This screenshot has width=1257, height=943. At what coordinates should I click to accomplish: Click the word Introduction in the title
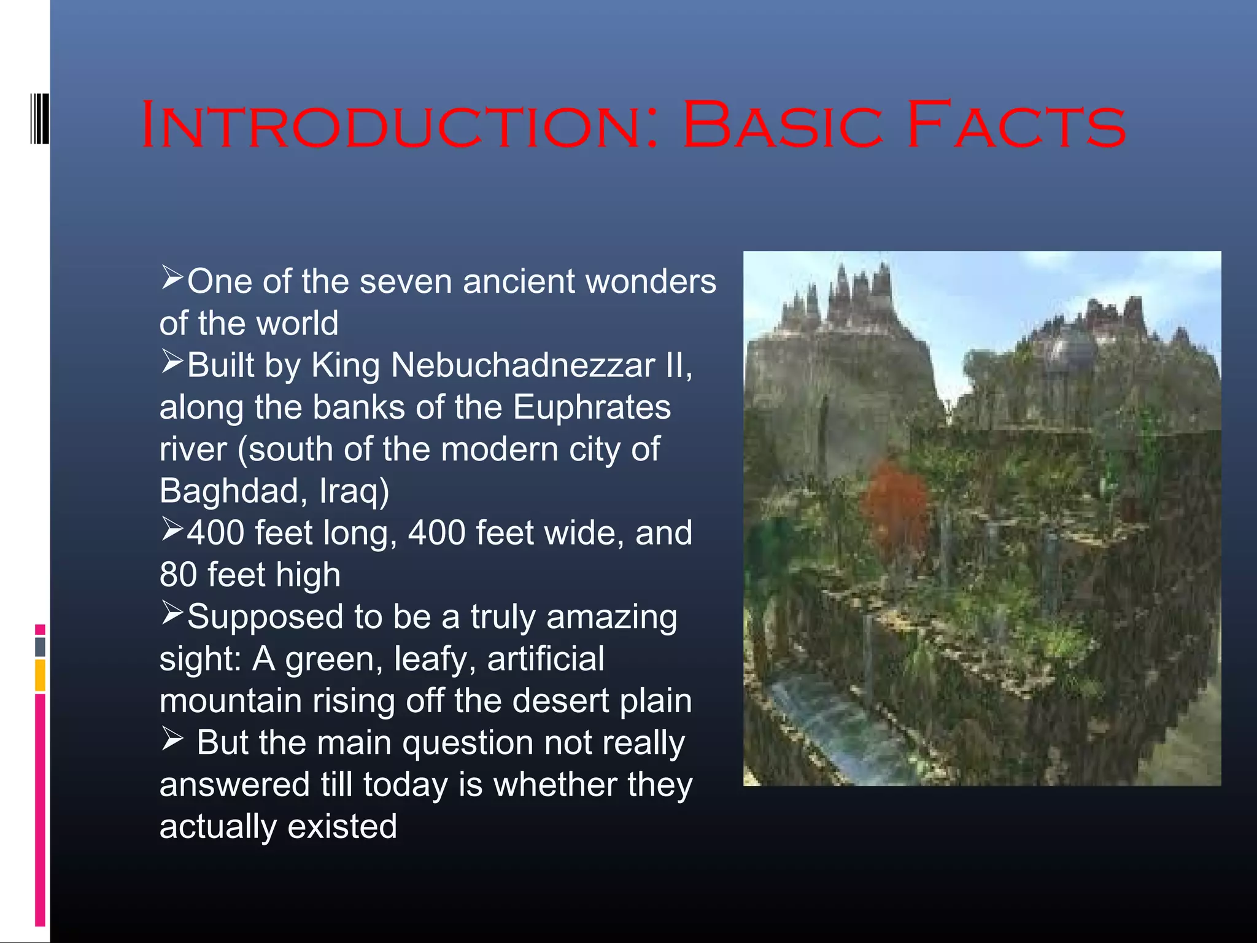(399, 126)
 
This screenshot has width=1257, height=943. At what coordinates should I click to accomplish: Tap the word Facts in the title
(1016, 126)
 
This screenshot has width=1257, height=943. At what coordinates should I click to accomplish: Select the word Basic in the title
(783, 126)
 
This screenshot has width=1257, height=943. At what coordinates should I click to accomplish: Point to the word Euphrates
(592, 407)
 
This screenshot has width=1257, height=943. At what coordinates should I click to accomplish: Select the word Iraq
(353, 491)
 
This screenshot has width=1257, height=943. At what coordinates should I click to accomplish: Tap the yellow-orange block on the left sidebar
(40, 675)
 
